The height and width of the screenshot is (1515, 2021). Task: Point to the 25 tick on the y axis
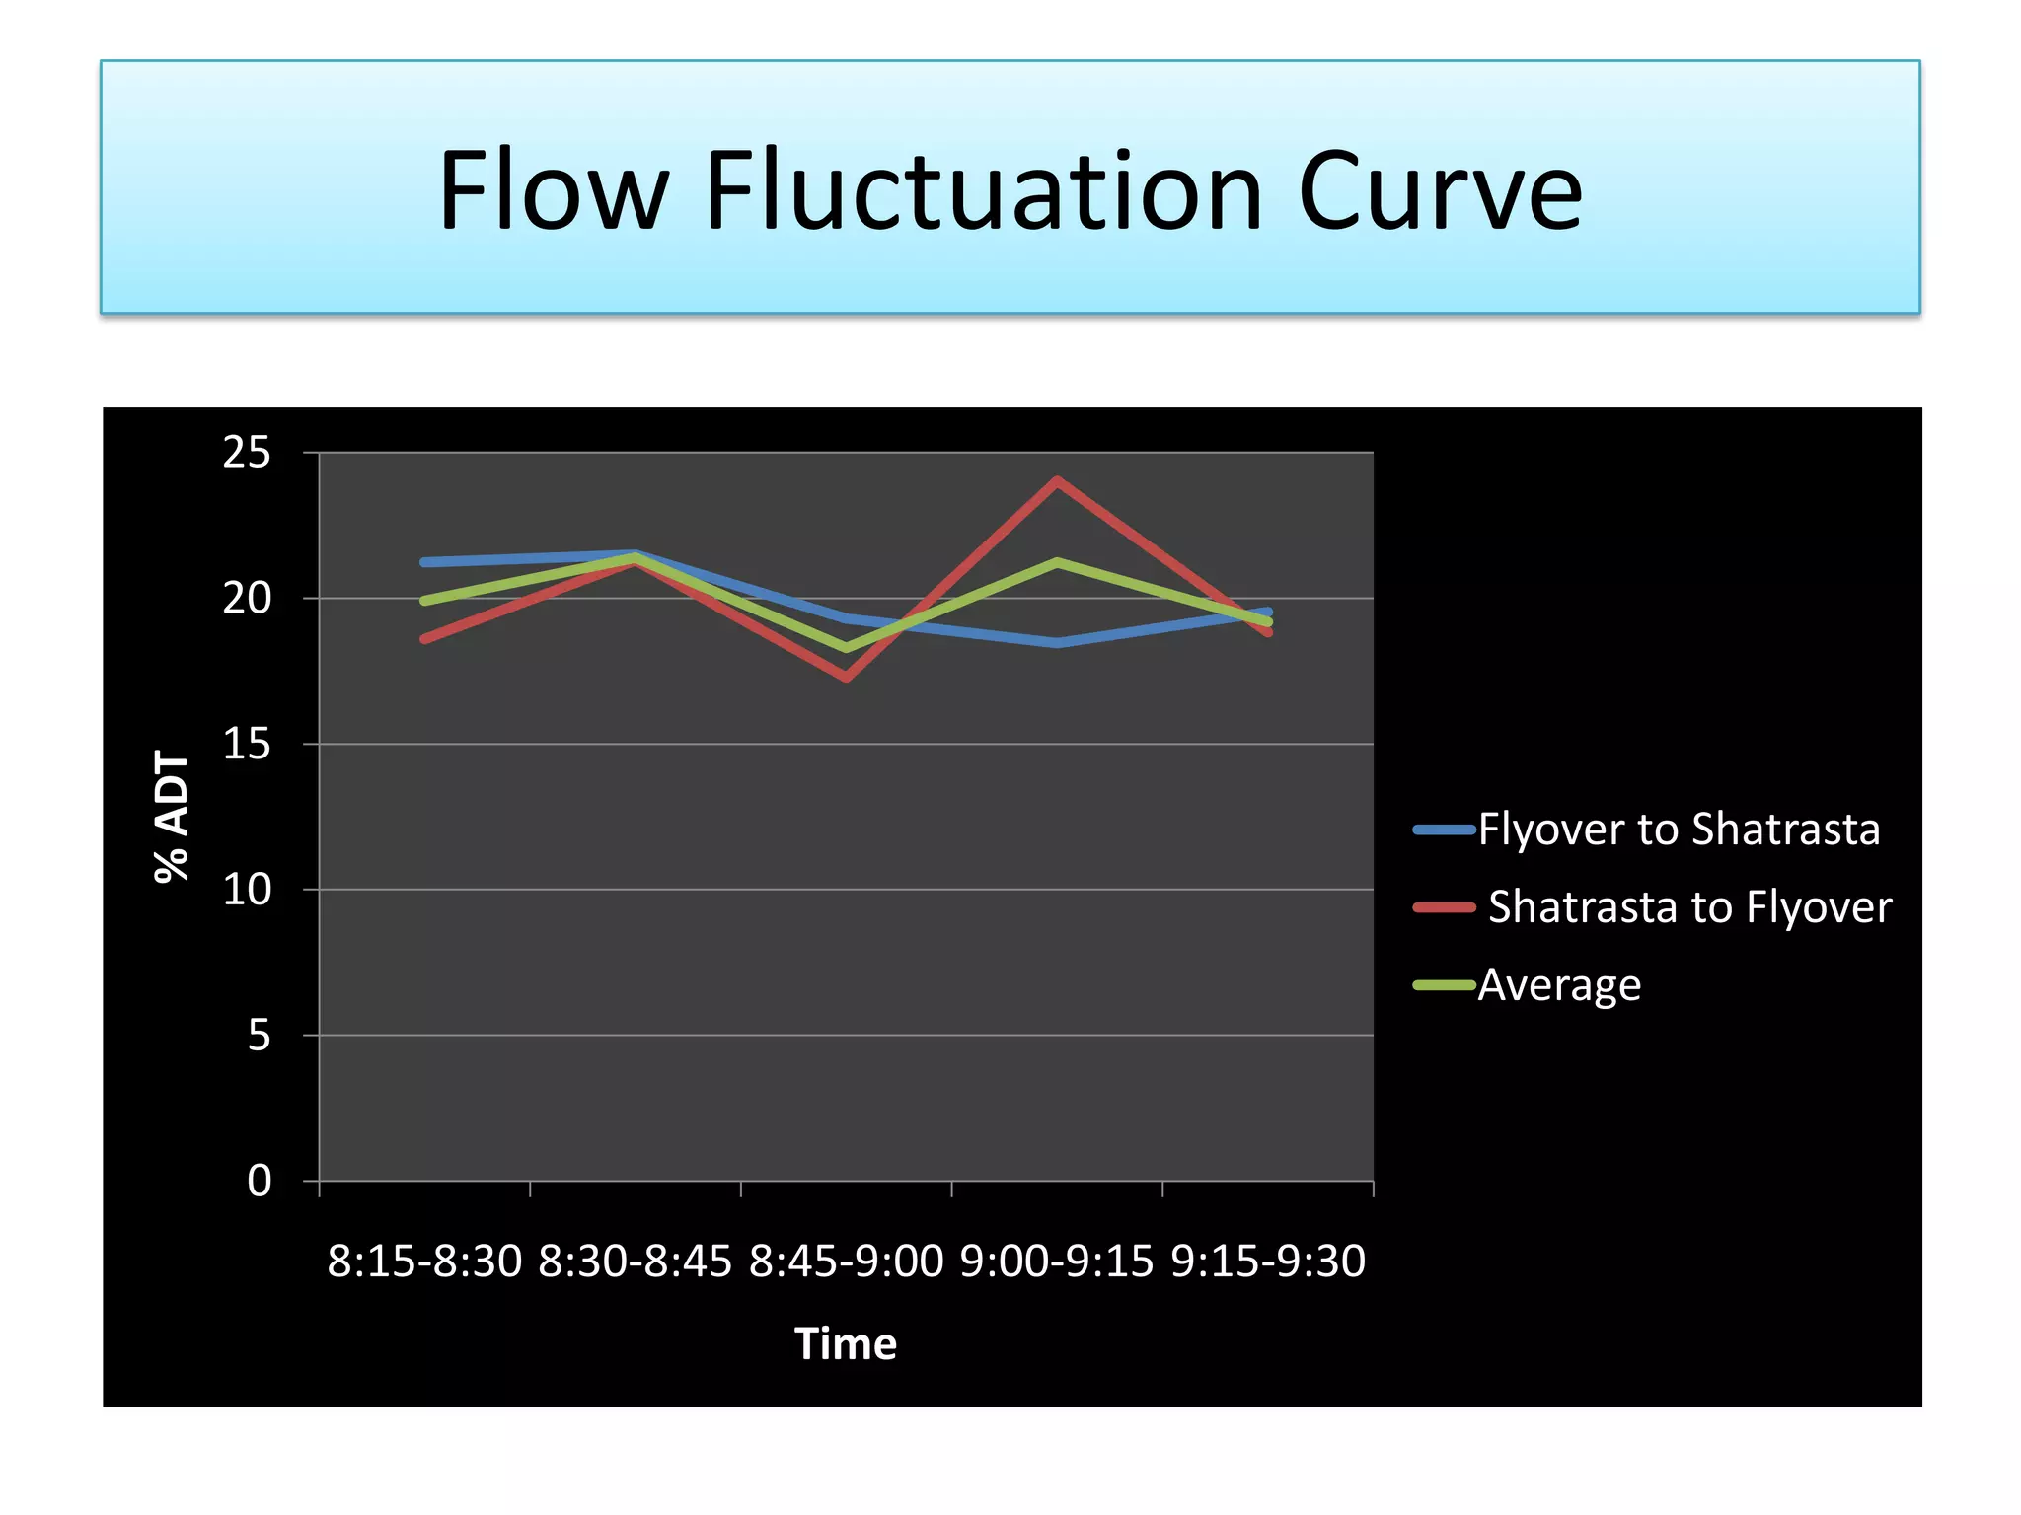pyautogui.click(x=247, y=453)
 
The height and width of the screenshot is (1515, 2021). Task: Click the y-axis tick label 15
pyautogui.click(x=247, y=744)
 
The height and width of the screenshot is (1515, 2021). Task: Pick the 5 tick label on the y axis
pyautogui.click(x=259, y=1036)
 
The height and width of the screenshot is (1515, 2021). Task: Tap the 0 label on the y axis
pyautogui.click(x=259, y=1181)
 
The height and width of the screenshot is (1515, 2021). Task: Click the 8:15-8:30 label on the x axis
pyautogui.click(x=424, y=1262)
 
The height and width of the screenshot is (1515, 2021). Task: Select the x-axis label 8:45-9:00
pyautogui.click(x=846, y=1262)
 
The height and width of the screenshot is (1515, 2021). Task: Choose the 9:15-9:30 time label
pyautogui.click(x=1268, y=1262)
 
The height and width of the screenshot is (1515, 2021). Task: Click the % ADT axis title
pyautogui.click(x=172, y=816)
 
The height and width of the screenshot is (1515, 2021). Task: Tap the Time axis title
pyautogui.click(x=846, y=1344)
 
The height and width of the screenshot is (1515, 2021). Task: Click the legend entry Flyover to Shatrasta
pyautogui.click(x=1678, y=830)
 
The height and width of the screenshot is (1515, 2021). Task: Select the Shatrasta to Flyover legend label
pyautogui.click(x=1689, y=907)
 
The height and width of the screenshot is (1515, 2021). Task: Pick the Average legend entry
pyautogui.click(x=1559, y=985)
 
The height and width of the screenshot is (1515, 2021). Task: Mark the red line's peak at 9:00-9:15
pyautogui.click(x=1057, y=481)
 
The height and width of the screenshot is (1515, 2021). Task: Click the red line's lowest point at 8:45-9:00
pyautogui.click(x=847, y=678)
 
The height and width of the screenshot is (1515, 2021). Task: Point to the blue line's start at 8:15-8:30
pyautogui.click(x=424, y=562)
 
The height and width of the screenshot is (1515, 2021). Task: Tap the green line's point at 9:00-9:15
pyautogui.click(x=1057, y=562)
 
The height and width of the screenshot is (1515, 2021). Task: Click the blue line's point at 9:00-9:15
pyautogui.click(x=1057, y=643)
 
